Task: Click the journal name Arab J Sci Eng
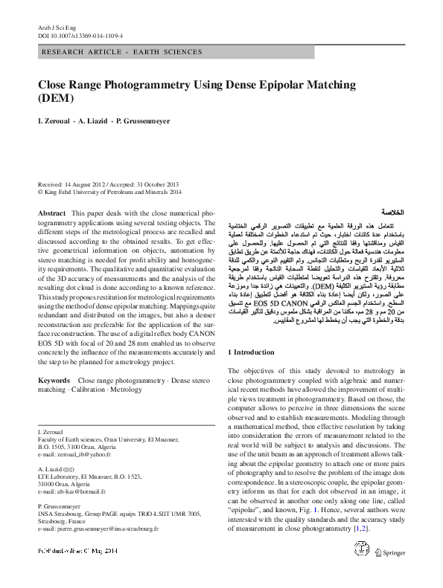click(53, 26)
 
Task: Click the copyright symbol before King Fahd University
click(40, 191)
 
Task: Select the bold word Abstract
click(51, 213)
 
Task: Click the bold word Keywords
click(54, 380)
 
